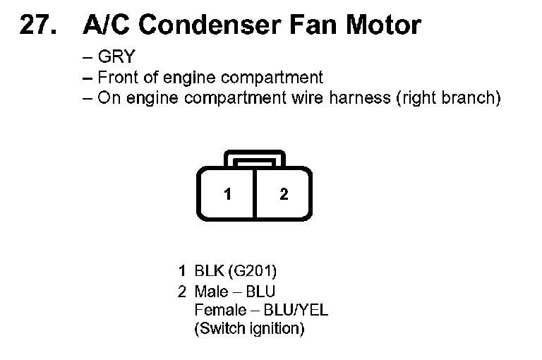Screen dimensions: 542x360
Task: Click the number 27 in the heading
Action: point(36,25)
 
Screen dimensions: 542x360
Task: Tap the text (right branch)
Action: point(450,97)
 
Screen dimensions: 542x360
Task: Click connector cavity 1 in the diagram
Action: point(227,194)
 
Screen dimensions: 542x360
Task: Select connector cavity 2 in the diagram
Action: point(284,194)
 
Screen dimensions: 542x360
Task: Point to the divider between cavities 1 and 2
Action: point(255,193)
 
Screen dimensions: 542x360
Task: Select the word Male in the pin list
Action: point(211,292)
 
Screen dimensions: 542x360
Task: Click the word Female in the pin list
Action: point(219,310)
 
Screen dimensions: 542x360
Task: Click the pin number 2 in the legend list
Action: point(182,292)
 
